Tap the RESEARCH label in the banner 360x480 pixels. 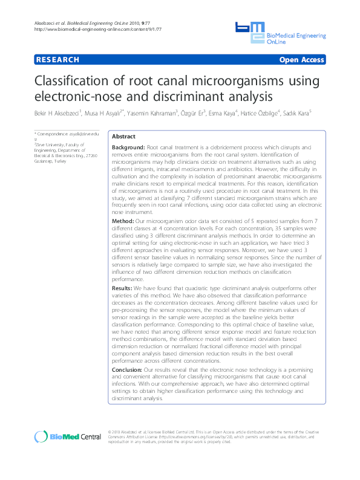pos(58,60)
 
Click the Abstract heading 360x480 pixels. pos(124,137)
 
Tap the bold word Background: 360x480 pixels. pos(128,148)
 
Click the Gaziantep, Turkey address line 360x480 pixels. pos(51,161)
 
